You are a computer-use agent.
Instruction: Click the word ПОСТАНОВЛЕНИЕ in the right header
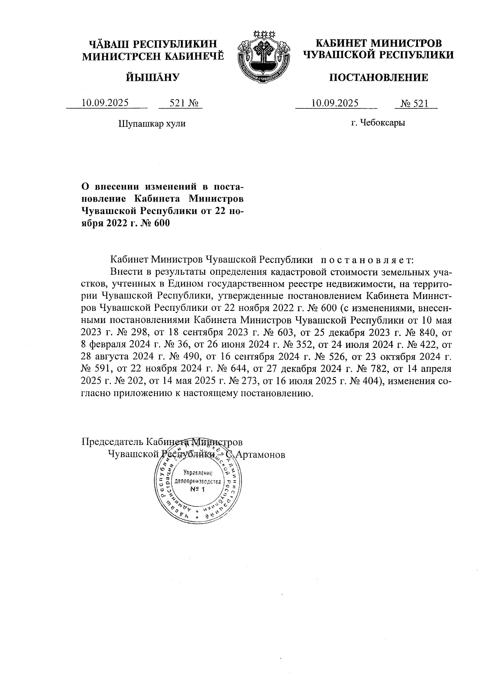coord(378,78)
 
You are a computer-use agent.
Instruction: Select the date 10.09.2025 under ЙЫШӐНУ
coord(105,102)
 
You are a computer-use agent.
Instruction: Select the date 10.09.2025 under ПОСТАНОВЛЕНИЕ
coord(335,102)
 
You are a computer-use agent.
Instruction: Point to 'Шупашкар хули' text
coord(152,123)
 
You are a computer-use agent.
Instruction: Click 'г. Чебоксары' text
coord(378,122)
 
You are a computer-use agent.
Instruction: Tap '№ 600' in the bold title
coord(156,223)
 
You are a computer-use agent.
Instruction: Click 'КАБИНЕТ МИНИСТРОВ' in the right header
coord(378,43)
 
